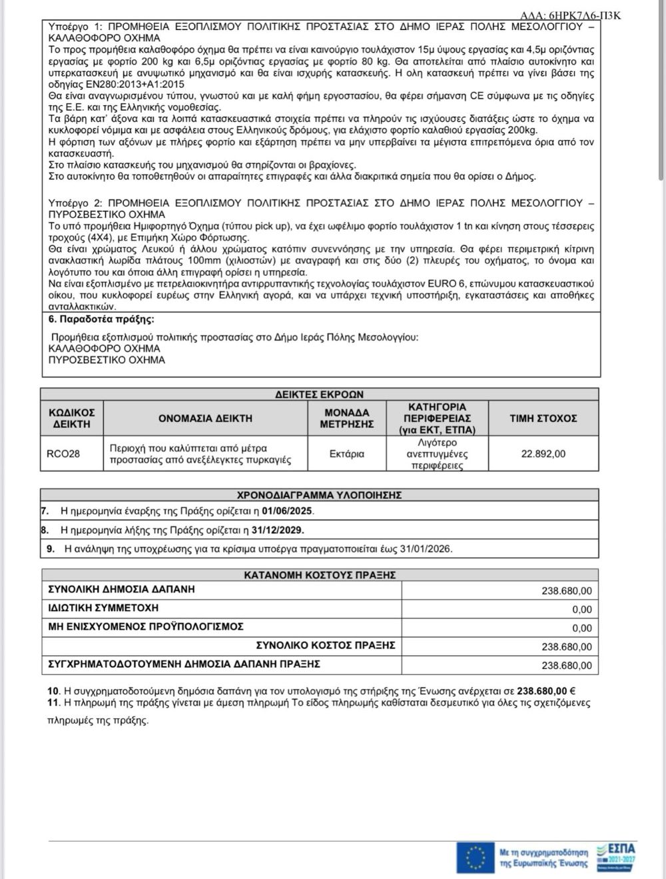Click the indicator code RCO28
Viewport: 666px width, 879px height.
point(63,454)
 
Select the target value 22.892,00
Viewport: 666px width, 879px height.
point(543,454)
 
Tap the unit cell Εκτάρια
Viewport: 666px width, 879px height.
point(347,454)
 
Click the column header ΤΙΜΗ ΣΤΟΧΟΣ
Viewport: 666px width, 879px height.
point(543,419)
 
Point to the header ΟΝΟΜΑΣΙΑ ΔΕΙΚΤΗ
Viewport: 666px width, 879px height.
point(205,419)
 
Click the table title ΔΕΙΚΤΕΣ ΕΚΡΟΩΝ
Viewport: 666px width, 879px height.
point(320,395)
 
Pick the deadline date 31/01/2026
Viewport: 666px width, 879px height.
point(426,549)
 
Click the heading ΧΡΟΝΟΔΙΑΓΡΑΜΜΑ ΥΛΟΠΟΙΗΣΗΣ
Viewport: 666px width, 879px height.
point(320,495)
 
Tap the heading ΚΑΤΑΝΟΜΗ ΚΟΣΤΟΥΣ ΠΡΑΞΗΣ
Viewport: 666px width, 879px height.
point(320,574)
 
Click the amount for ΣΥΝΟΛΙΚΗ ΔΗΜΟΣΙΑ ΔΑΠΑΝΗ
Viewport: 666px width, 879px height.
point(566,591)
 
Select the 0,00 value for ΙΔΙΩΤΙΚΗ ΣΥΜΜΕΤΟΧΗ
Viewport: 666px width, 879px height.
point(581,609)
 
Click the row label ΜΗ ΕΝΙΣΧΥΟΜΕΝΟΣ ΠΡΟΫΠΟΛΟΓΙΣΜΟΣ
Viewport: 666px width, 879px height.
point(146,626)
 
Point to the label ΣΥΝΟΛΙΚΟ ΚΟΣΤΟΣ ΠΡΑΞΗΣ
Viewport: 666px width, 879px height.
point(326,645)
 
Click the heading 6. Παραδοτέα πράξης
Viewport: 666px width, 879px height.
point(102,319)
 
